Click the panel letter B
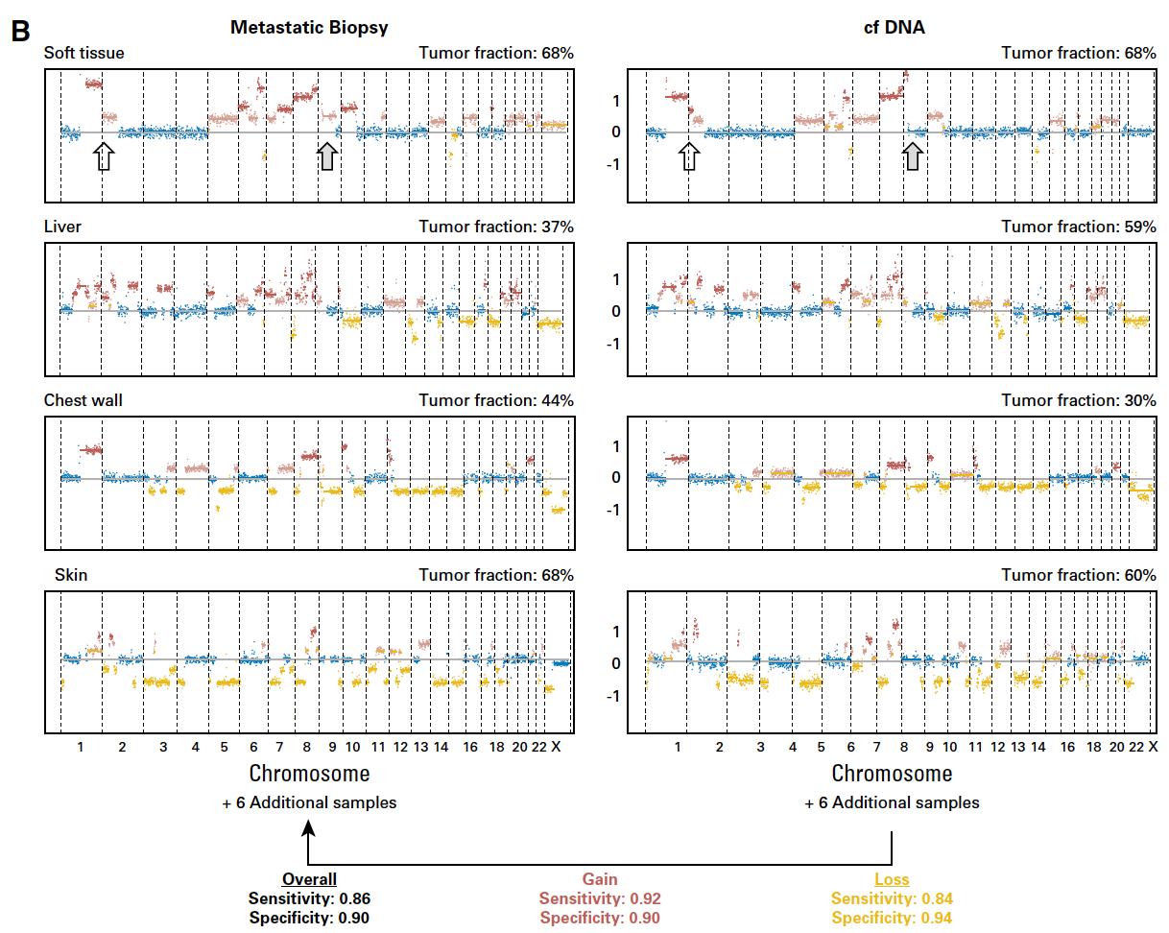tap(21, 30)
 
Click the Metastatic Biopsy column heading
tap(309, 28)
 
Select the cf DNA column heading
tap(894, 28)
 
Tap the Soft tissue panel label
tap(83, 53)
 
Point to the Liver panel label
tap(62, 227)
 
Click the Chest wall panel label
tap(83, 400)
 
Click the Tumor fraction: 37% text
tap(495, 227)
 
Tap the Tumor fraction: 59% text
tap(1078, 227)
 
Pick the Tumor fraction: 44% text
tap(495, 400)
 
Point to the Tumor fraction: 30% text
tap(1078, 400)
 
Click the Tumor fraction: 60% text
tap(1078, 575)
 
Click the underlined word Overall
tap(309, 879)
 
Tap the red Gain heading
tap(600, 879)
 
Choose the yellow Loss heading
tap(892, 879)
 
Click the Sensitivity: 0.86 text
tap(309, 899)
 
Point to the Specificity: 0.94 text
tap(892, 919)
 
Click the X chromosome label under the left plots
tap(556, 747)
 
